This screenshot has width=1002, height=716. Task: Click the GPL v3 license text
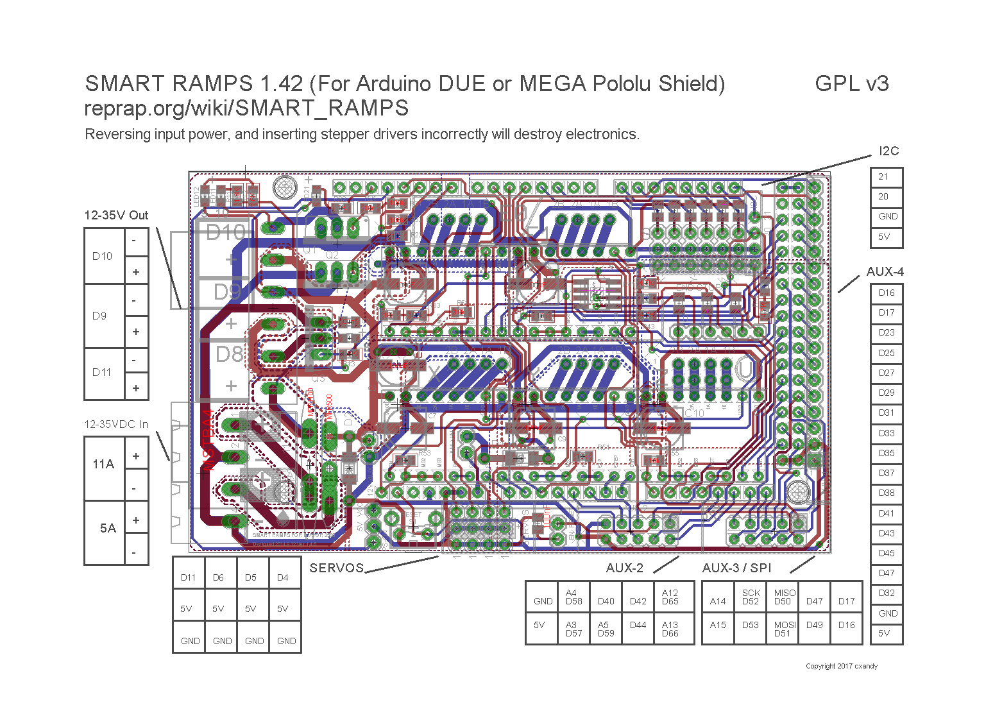[x=851, y=83]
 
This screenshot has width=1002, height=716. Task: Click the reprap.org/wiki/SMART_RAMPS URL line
[x=246, y=108]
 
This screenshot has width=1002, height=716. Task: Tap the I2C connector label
[x=888, y=151]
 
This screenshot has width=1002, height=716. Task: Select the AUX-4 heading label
[x=885, y=272]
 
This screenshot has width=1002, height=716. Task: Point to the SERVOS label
[x=337, y=568]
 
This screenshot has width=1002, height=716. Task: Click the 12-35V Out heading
[x=116, y=216]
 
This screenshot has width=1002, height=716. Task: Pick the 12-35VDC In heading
[x=116, y=425]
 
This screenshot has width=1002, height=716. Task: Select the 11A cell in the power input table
[x=104, y=465]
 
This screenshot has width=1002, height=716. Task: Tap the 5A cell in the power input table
[x=108, y=529]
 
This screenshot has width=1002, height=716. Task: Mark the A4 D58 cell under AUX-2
[x=573, y=597]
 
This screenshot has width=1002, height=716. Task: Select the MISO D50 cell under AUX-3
[x=783, y=597]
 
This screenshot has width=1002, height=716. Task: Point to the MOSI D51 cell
[x=783, y=629]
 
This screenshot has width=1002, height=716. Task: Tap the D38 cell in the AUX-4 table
[x=887, y=493]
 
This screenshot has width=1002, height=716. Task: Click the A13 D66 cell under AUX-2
[x=670, y=629]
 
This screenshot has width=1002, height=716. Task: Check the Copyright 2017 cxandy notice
[x=841, y=666]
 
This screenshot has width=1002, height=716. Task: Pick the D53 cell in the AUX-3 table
[x=750, y=625]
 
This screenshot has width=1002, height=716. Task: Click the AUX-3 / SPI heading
[x=736, y=568]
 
